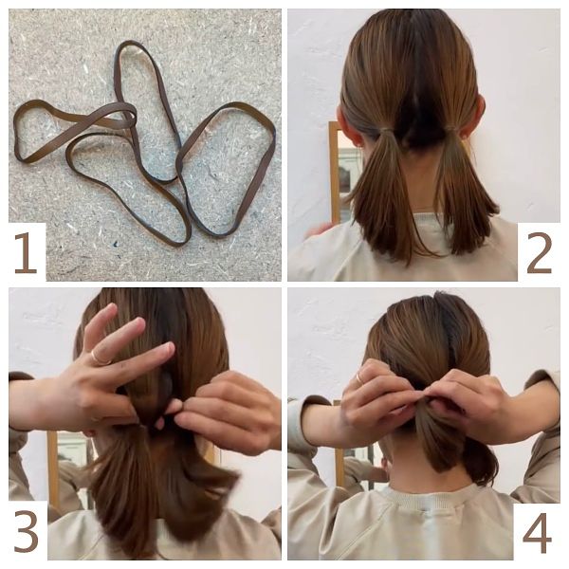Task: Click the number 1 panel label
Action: pos(26,252)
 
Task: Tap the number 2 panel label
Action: pos(540,253)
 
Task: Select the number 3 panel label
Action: pos(27,532)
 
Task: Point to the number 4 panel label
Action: pos(537,532)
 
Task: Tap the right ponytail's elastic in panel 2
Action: pos(453,129)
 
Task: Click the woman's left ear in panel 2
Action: pos(345,123)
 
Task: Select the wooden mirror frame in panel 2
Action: pos(335,173)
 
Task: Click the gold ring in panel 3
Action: pos(101,358)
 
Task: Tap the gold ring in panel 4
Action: pos(360,377)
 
